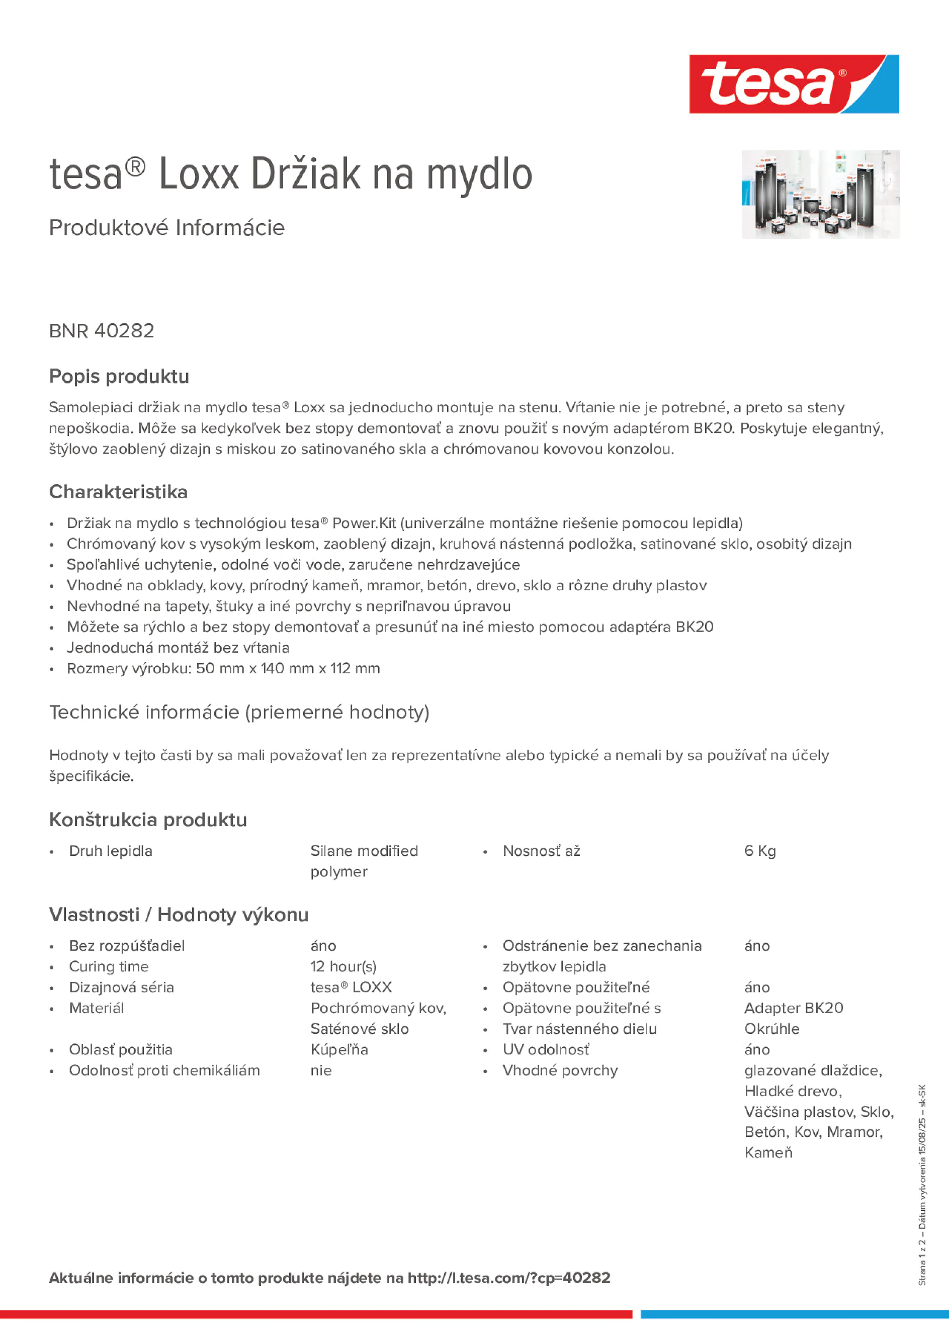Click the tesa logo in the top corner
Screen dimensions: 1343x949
click(x=794, y=84)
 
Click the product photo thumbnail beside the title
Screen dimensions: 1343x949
click(x=820, y=194)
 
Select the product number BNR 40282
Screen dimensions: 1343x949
click(x=102, y=331)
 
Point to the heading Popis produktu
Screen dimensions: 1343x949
click(x=119, y=376)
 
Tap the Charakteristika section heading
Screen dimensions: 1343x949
click(x=118, y=492)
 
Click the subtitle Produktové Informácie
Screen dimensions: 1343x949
click(x=167, y=228)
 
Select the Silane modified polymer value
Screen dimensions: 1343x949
click(x=364, y=860)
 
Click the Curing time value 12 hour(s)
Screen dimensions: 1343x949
click(x=343, y=966)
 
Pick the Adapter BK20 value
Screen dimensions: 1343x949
click(x=794, y=1008)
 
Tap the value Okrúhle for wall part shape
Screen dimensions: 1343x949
click(x=771, y=1028)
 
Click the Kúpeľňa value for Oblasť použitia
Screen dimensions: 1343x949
click(x=339, y=1049)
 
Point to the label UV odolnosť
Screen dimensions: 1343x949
click(x=545, y=1049)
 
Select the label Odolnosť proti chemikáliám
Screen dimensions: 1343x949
click(x=164, y=1070)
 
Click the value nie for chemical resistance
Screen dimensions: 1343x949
click(x=321, y=1070)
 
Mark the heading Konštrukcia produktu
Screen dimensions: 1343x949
click(x=148, y=820)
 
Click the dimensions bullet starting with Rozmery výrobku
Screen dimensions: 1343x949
click(x=223, y=668)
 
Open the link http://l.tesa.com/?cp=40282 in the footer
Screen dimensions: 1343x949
click(x=508, y=1278)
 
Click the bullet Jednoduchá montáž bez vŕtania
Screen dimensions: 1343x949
click(x=178, y=648)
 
